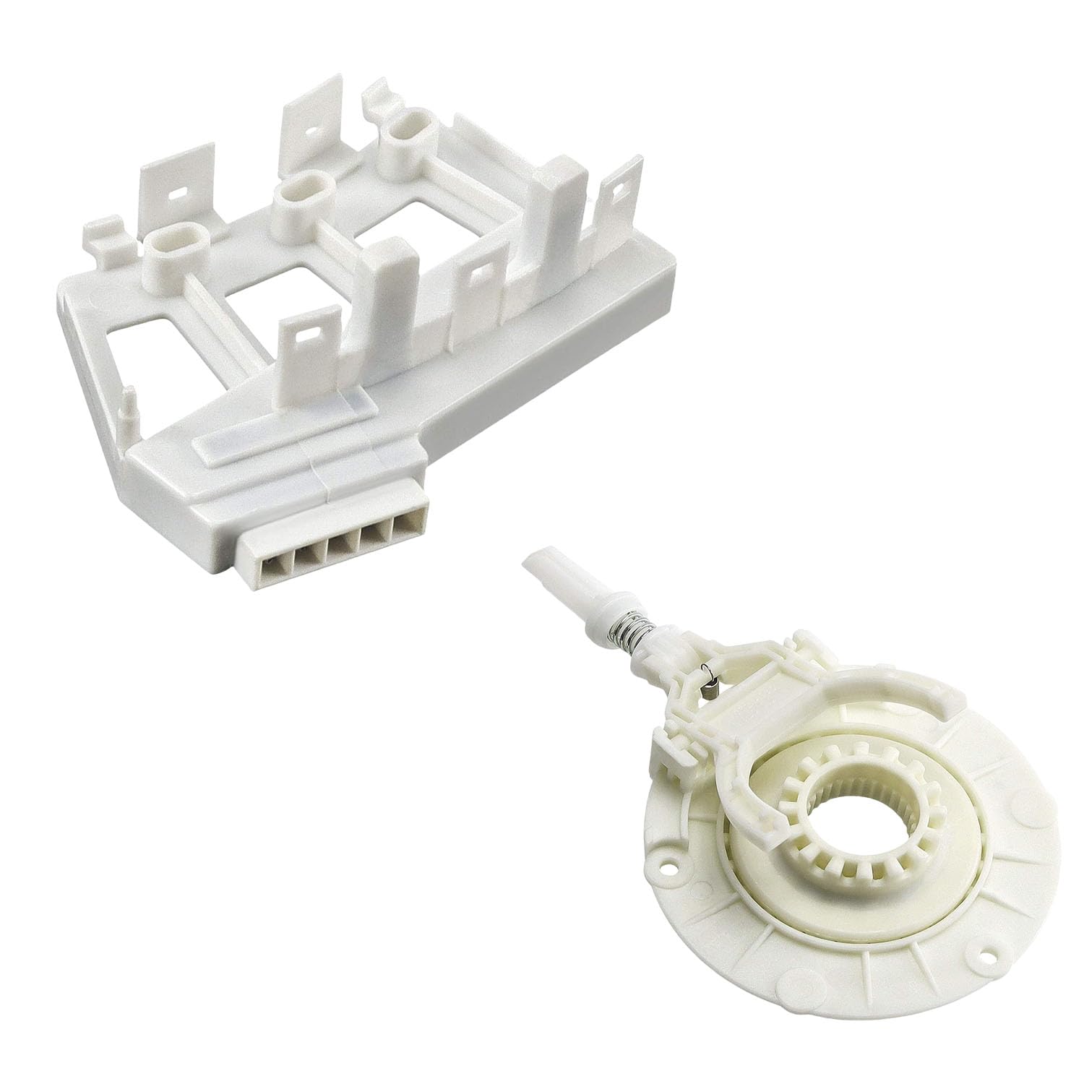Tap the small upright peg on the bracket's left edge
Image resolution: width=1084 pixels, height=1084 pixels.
click(127, 401)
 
